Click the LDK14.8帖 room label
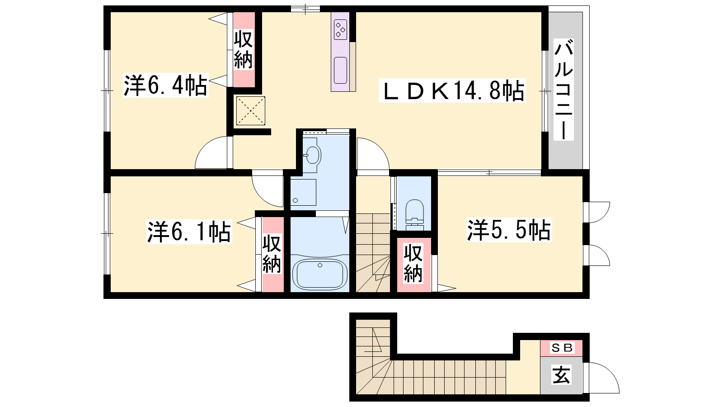pos(452,90)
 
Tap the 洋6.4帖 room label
pos(165,85)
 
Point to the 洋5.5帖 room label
pos(509,230)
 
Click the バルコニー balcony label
pos(563,90)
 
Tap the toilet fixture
pos(414,214)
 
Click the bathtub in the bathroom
pos(320,274)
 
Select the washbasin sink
pos(312,156)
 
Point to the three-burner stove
pos(340,28)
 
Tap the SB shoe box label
pos(562,348)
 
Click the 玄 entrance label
pos(562,375)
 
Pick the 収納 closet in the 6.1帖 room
pos(272,254)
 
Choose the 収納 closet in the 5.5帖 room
pos(413,264)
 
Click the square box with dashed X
pos(251,111)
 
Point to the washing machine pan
pos(303,193)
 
